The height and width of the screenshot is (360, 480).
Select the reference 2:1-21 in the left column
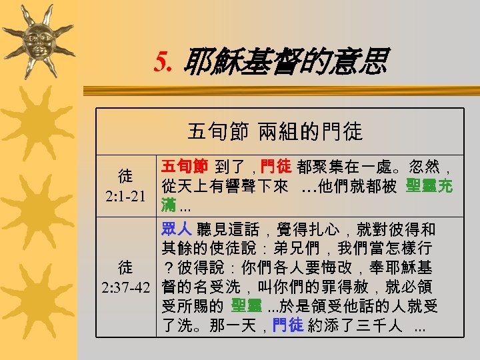[x=126, y=198]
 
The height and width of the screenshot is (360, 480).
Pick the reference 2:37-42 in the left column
[x=126, y=287]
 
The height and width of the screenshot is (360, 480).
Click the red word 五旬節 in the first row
[x=185, y=165]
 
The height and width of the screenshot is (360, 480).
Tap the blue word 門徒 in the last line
[x=287, y=326]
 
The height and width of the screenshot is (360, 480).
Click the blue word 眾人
[x=177, y=229]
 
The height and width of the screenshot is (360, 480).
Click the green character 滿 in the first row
[x=169, y=203]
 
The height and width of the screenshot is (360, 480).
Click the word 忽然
[x=417, y=165]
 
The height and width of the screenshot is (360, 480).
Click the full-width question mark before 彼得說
[x=169, y=268]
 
